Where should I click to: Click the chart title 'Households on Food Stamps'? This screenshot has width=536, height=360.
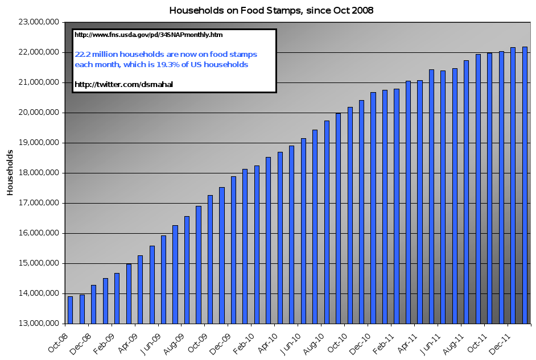click(x=272, y=10)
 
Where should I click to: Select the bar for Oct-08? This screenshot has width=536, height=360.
click(x=70, y=309)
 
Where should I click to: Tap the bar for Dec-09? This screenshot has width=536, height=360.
click(x=233, y=250)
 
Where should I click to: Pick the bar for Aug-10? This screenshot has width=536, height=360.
click(x=327, y=222)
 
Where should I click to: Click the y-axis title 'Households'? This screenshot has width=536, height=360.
click(x=10, y=173)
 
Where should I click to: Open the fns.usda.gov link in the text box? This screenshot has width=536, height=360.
click(x=149, y=35)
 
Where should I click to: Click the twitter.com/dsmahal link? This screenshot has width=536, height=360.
click(x=123, y=84)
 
